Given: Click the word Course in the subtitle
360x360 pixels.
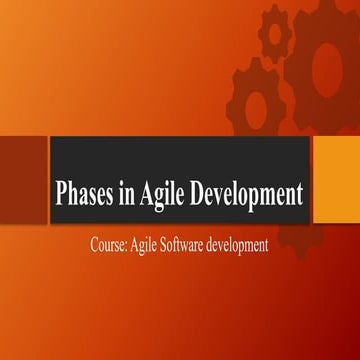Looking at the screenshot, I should coord(106,242).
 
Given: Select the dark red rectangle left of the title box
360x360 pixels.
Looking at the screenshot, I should coord(22,166).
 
